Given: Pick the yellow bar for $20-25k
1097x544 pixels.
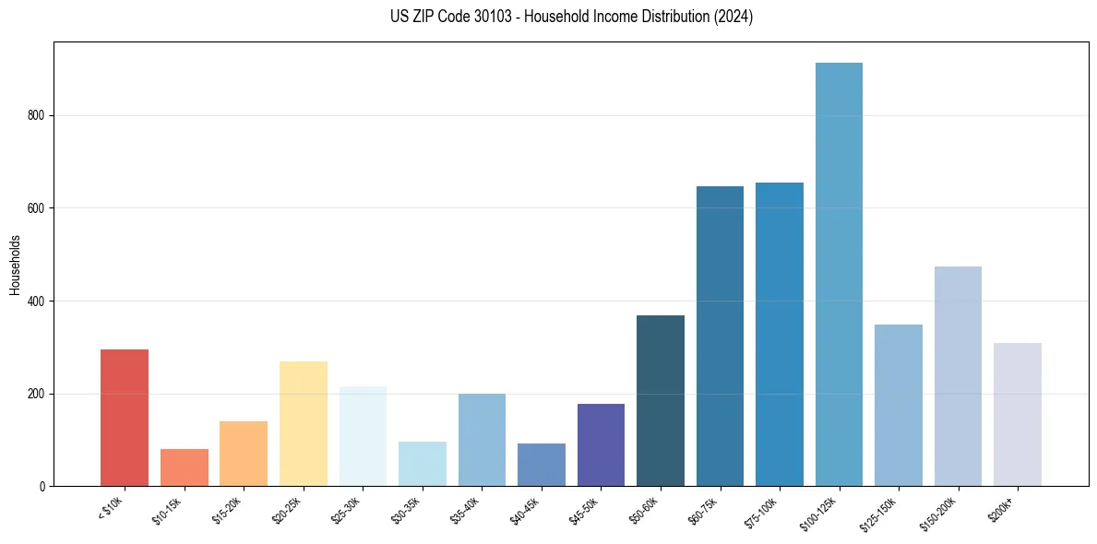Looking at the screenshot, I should pos(303,424).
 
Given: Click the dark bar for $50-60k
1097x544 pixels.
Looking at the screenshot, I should pos(661,401).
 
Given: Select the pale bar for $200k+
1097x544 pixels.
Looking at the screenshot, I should pos(1017,415).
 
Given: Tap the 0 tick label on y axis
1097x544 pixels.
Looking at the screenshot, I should pos(43,487).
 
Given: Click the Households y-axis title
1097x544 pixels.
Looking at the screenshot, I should pos(15,265).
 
